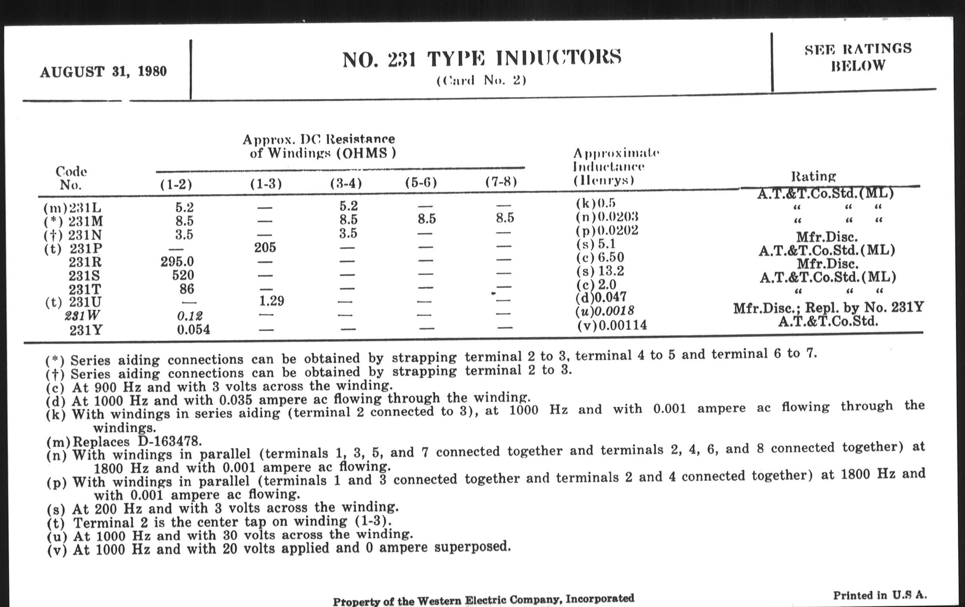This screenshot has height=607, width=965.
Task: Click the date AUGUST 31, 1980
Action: pos(103,72)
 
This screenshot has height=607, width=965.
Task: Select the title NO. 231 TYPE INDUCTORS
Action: pos(482,58)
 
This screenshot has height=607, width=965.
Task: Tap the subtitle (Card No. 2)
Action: pos(481,81)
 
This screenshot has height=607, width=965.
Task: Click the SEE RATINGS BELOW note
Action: pos(858,57)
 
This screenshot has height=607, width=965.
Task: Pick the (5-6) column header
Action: pos(421,183)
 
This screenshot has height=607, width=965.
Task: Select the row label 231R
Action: pos(85,262)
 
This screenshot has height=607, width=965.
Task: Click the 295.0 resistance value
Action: pos(177,261)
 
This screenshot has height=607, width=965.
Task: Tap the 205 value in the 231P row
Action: pos(265,247)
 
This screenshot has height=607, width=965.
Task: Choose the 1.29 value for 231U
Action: pos(271,300)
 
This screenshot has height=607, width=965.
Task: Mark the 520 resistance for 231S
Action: pos(183,275)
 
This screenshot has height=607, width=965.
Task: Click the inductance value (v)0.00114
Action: pos(612,325)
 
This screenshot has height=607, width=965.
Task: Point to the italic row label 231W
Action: pos(82,316)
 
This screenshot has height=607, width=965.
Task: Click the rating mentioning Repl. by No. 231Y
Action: pos(829,308)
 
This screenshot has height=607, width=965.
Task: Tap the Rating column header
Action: pos(813,176)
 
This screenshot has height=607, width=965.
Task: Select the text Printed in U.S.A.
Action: pos(880,595)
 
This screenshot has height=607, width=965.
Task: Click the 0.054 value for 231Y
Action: pos(193,330)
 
